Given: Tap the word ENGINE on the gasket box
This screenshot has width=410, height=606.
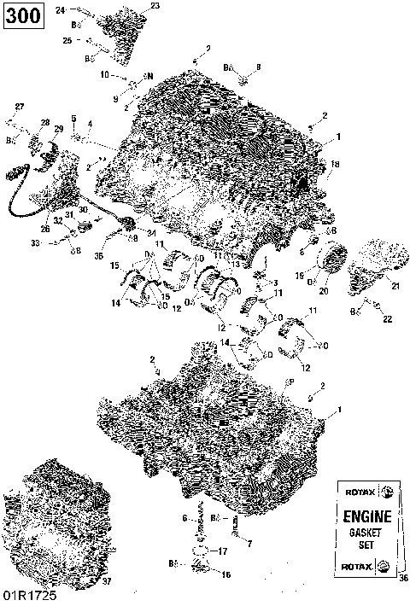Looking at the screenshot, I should (x=367, y=516).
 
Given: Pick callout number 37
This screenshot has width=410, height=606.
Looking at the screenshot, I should (x=107, y=582).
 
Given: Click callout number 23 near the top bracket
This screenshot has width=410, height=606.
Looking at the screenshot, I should (x=155, y=6).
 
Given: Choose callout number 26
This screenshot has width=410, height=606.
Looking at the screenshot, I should (x=44, y=228).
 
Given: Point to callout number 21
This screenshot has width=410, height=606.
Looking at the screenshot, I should (x=395, y=287).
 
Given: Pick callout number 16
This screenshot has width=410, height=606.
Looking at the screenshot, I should (x=225, y=575).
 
